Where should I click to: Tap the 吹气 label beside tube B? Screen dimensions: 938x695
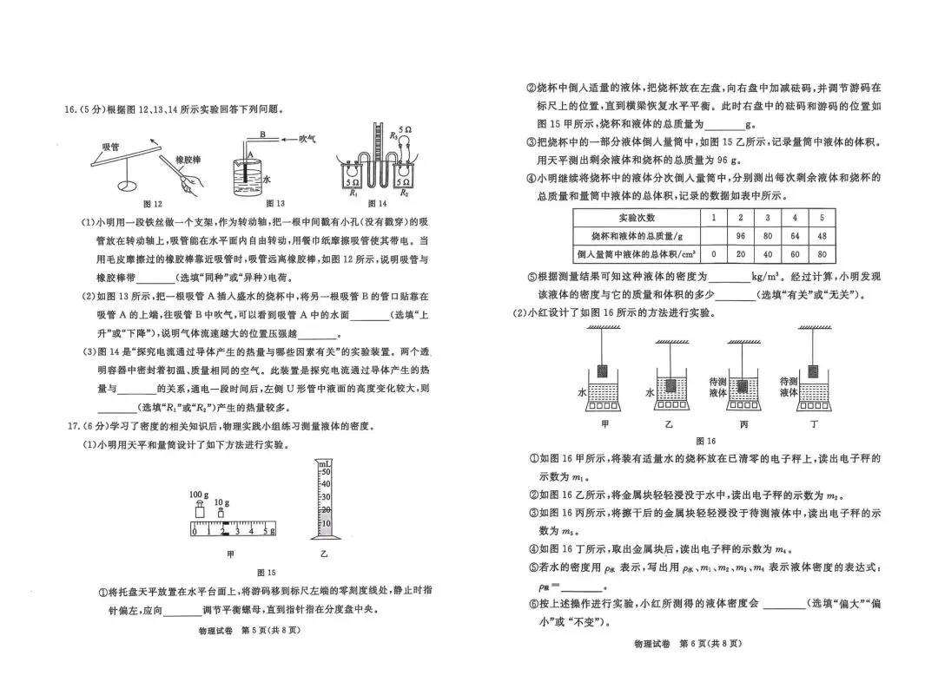point(308,137)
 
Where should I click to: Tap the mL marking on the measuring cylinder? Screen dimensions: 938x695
point(325,465)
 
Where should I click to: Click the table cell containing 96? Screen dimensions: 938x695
point(741,235)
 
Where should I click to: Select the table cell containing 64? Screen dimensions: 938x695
point(794,235)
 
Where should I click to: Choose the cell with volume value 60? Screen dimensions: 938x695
point(794,253)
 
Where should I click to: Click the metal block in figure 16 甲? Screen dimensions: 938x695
point(605,369)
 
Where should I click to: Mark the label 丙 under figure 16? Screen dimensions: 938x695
point(743,424)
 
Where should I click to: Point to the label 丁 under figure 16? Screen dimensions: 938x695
point(813,424)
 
